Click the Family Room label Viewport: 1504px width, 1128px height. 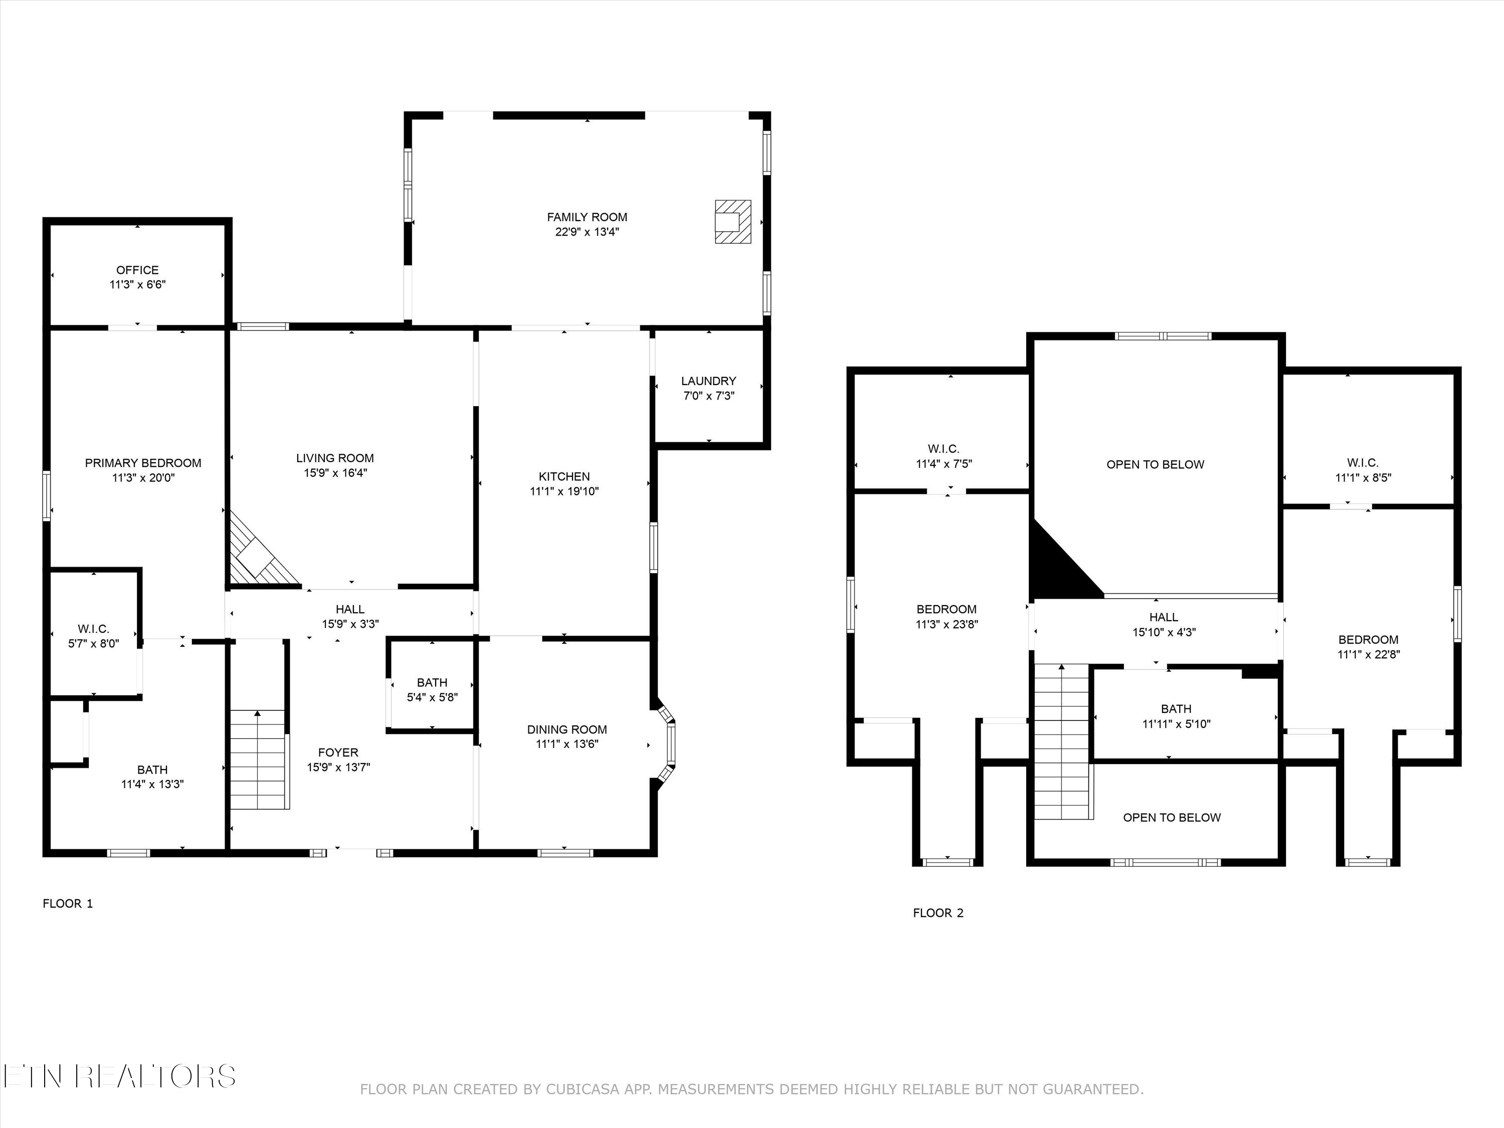click(587, 218)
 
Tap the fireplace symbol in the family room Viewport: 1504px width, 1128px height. click(732, 222)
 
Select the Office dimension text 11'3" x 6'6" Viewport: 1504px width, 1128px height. click(137, 285)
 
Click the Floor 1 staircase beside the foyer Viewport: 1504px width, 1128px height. click(257, 760)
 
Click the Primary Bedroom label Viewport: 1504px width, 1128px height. click(143, 463)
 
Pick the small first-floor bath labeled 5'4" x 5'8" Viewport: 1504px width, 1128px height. click(432, 689)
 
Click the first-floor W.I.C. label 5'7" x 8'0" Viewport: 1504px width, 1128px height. click(94, 636)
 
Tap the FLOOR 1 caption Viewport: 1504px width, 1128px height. click(67, 903)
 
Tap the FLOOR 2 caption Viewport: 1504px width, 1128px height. click(937, 913)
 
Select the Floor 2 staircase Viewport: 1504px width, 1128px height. click(1061, 742)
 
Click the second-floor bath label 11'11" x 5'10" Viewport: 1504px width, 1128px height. click(1176, 716)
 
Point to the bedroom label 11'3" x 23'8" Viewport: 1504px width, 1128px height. click(947, 617)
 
